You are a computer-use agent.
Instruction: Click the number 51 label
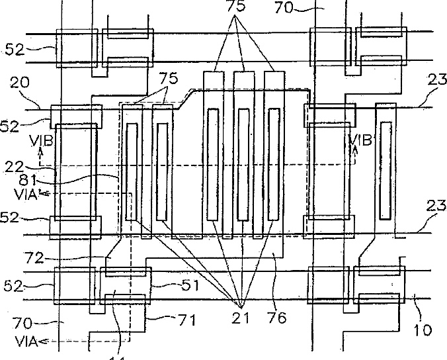point(171,285)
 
